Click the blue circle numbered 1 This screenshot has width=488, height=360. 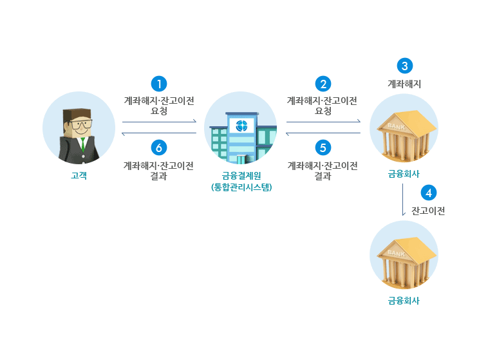pyautogui.click(x=158, y=84)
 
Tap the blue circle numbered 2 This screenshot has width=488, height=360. pyautogui.click(x=323, y=84)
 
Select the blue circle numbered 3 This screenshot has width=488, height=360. pyautogui.click(x=404, y=66)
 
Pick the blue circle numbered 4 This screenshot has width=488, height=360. pyautogui.click(x=428, y=192)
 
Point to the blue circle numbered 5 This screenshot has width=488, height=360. pyautogui.click(x=323, y=147)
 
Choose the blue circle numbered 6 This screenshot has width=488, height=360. pyautogui.click(x=158, y=147)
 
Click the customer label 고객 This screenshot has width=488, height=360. pyautogui.click(x=79, y=175)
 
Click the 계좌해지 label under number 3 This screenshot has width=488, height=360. pyautogui.click(x=404, y=84)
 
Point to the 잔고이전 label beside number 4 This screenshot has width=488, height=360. pyautogui.click(x=429, y=210)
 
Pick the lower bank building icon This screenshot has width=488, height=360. pyautogui.click(x=404, y=257)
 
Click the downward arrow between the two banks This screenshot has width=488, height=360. pyautogui.click(x=403, y=200)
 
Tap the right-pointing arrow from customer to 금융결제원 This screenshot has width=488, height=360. pyautogui.click(x=159, y=121)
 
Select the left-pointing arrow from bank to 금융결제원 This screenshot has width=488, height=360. pyautogui.click(x=323, y=133)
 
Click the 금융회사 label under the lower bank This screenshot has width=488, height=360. pyautogui.click(x=404, y=300)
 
